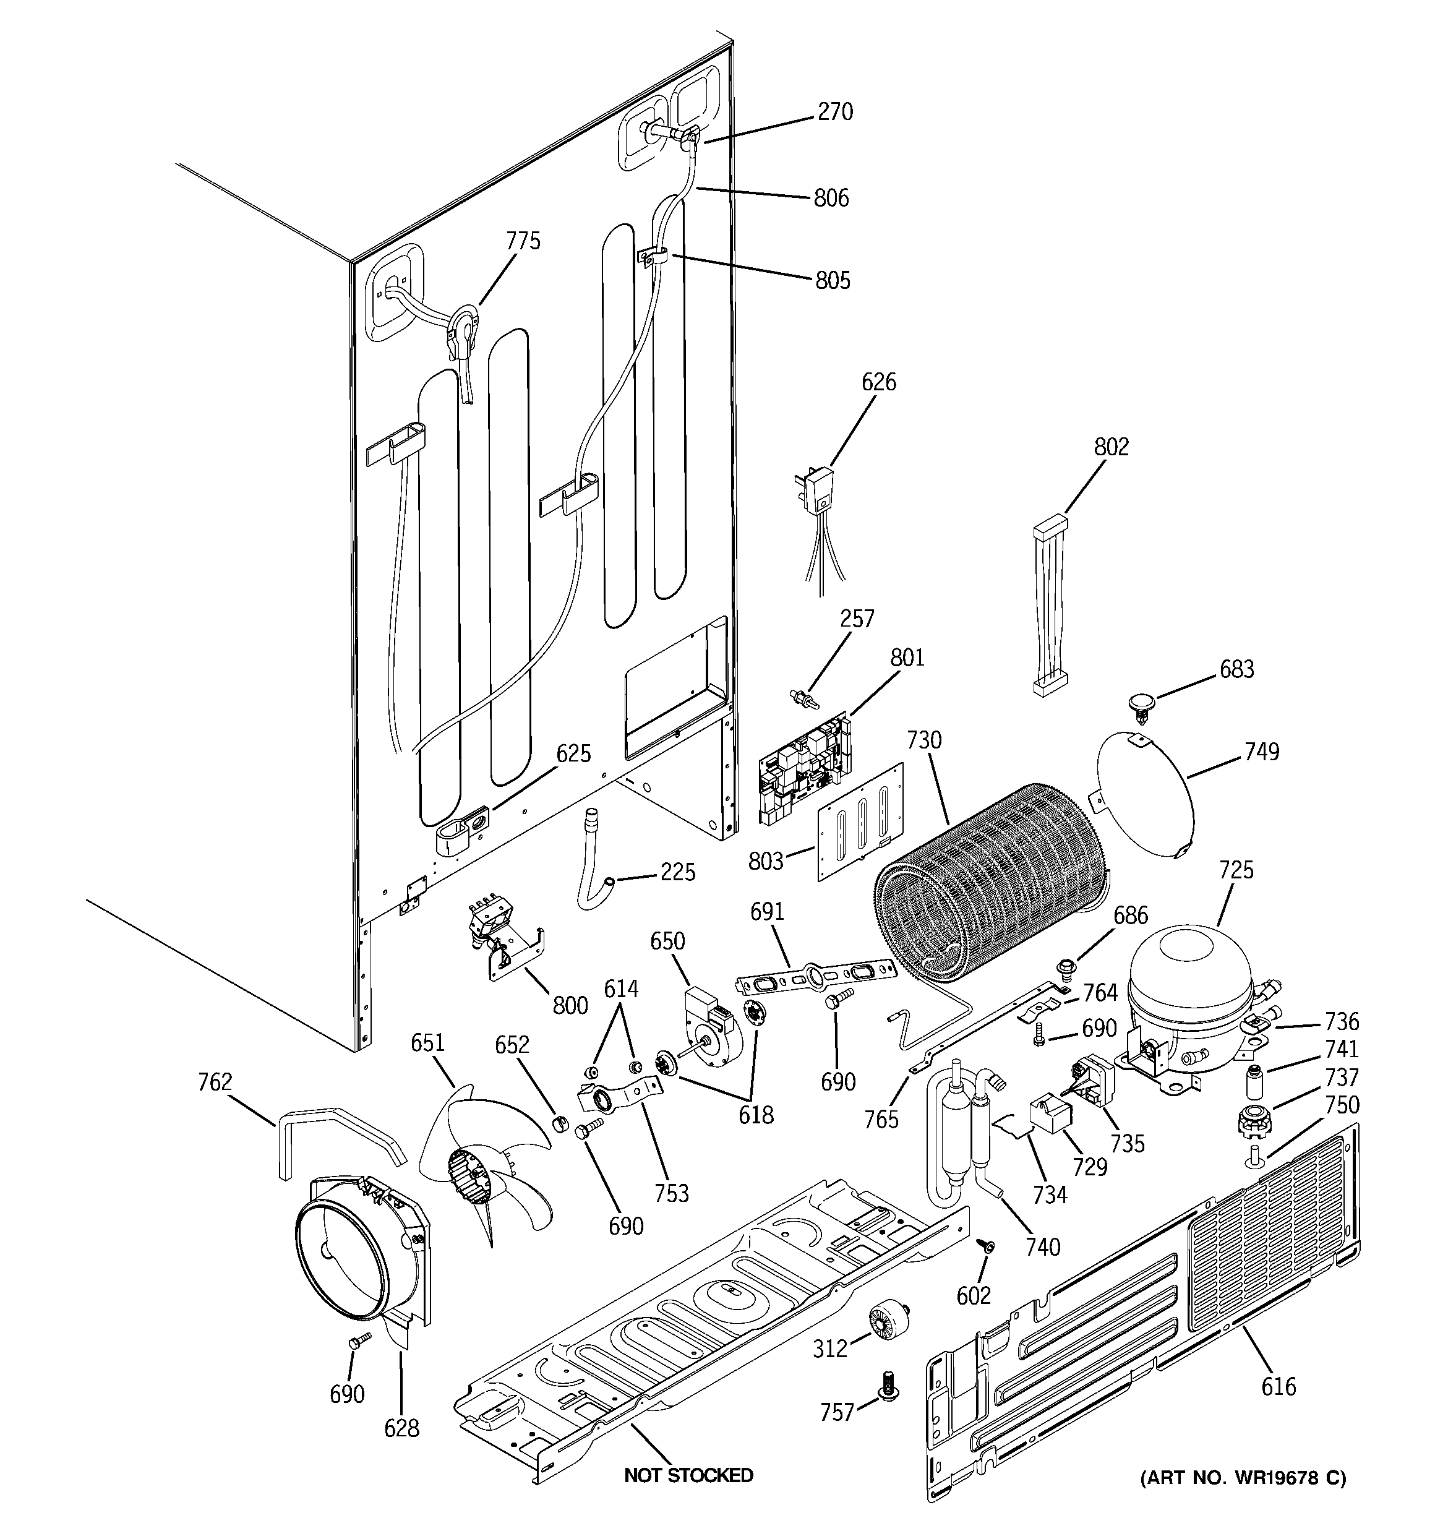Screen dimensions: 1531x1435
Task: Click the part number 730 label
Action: click(923, 740)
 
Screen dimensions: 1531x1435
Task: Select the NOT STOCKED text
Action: click(688, 1475)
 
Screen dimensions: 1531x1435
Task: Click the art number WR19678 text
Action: click(1243, 1478)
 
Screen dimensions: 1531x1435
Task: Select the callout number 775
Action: click(523, 241)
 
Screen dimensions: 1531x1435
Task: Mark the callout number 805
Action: click(833, 280)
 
